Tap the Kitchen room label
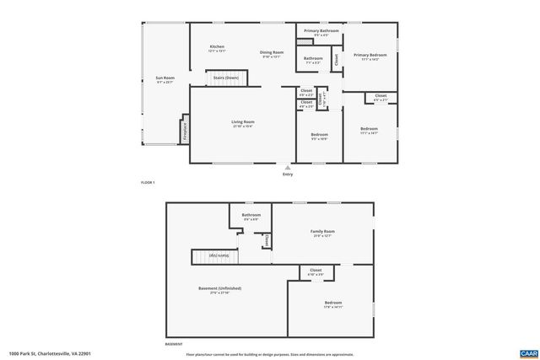point(217,47)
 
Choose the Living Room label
point(243,123)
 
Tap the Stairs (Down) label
point(225,78)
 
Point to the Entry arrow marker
point(288,167)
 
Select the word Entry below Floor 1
point(288,175)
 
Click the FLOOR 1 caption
point(148,182)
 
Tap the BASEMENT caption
point(174,344)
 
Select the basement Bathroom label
point(251,216)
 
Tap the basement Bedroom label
point(333,304)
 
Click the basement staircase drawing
point(212,255)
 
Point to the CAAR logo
point(529,353)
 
